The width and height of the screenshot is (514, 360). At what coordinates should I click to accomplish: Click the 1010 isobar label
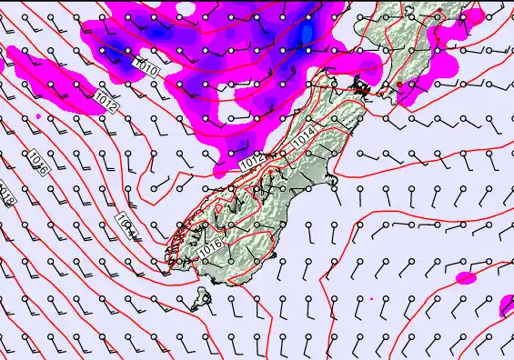pos(144,66)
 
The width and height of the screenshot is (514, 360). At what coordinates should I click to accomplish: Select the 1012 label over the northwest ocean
pos(106,102)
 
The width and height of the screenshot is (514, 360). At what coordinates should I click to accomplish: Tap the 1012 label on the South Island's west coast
pos(254,161)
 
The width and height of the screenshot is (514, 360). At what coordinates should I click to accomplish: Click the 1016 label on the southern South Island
pos(210,245)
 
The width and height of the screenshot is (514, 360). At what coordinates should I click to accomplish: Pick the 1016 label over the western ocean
pos(36,165)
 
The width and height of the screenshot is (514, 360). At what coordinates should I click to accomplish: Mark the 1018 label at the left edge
pos(5,194)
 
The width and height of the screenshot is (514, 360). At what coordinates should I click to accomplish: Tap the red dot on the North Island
pos(398,85)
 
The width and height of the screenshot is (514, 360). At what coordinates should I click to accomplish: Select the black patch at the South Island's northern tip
pos(362,88)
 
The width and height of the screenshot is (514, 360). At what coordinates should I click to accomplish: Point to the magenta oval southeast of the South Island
pos(466,276)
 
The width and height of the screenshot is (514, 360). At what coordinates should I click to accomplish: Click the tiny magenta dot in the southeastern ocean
pos(371,298)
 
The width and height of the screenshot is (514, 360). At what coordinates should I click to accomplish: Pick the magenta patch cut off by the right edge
pos(507,306)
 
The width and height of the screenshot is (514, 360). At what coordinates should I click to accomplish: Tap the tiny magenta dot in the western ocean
pos(38,116)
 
